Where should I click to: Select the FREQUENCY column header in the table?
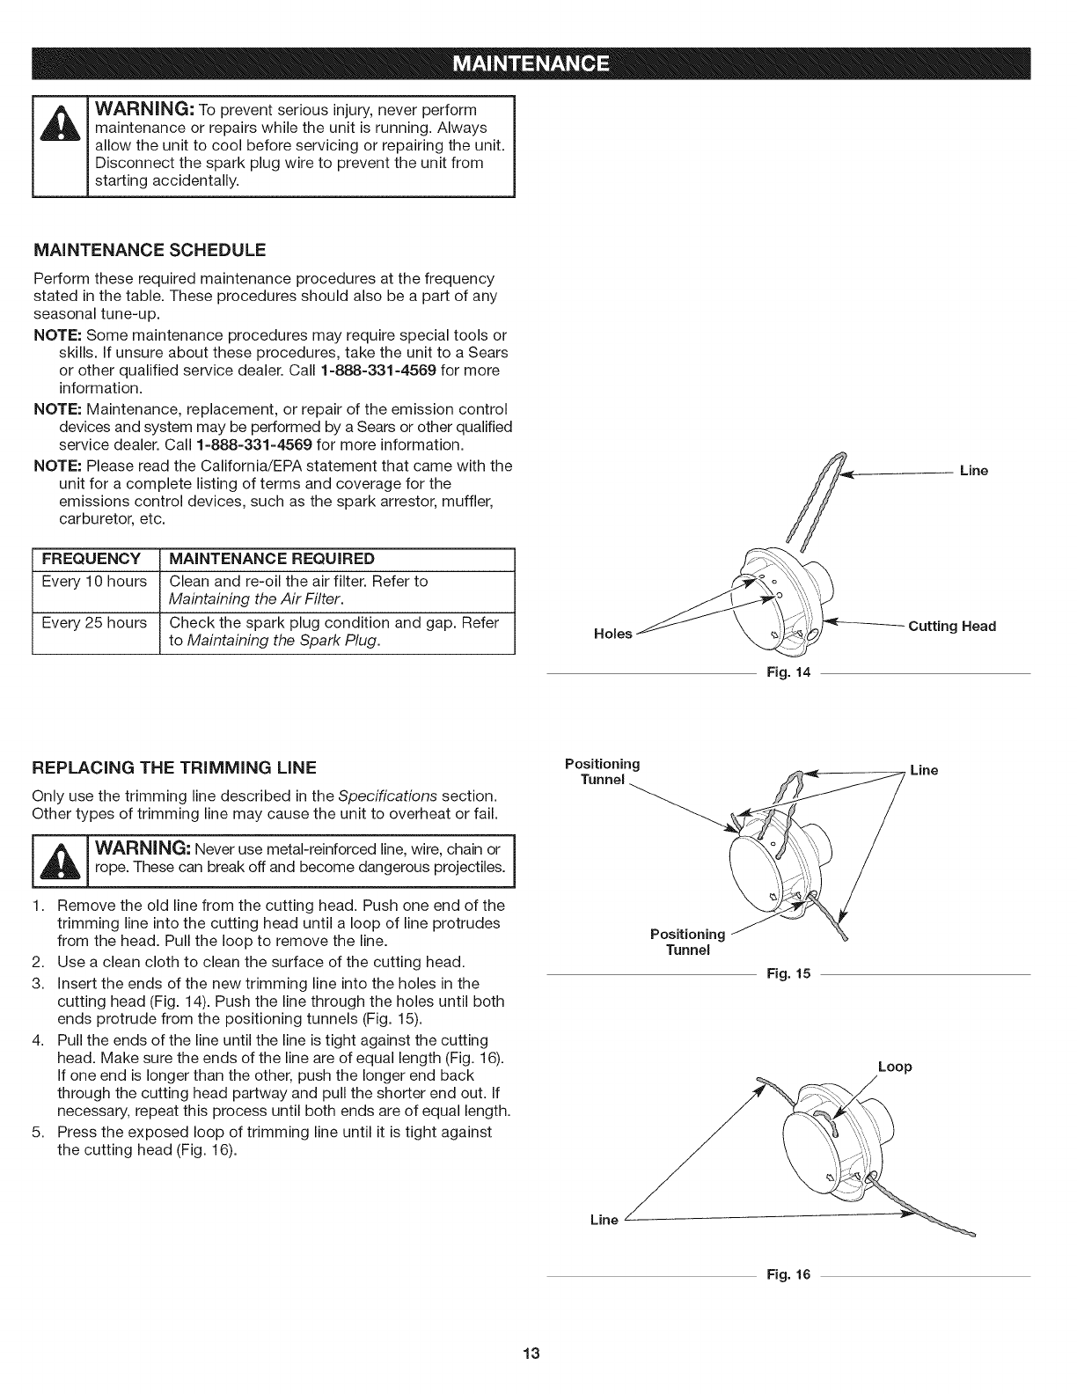click(92, 559)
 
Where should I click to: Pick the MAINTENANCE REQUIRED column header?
click(271, 559)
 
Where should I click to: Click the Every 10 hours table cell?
click(94, 582)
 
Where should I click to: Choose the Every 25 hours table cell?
click(94, 623)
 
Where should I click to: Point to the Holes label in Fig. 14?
click(613, 634)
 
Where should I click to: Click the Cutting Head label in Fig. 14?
click(952, 627)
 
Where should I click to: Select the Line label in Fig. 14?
click(974, 471)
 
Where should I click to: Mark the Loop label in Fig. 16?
click(895, 1067)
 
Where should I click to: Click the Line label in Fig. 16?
click(604, 1220)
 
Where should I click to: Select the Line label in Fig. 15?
click(924, 771)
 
